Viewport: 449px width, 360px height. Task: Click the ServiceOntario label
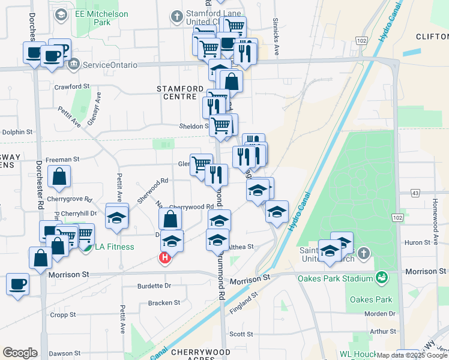pos(110,65)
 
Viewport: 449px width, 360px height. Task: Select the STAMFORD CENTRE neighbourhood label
pos(176,92)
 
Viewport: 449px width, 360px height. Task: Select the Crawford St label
pos(71,86)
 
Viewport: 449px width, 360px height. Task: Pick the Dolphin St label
pos(16,132)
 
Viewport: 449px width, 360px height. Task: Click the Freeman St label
pos(62,160)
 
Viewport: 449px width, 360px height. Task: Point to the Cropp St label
pos(63,314)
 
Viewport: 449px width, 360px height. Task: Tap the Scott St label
pos(241,334)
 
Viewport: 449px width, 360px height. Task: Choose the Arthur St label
pos(384,331)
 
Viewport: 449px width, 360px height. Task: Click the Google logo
pos(20,353)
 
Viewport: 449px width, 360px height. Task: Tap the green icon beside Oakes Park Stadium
pos(381,277)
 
